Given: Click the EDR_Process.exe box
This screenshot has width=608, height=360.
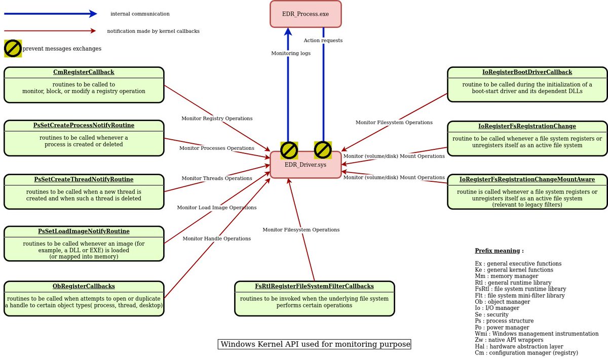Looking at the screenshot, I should (306, 14).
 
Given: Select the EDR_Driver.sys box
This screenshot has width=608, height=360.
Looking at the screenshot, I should (305, 165).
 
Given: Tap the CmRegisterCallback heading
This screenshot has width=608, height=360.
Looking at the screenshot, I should (84, 72).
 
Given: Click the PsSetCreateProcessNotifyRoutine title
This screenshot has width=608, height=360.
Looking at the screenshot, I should (84, 125).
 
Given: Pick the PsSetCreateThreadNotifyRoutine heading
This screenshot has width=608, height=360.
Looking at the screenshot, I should (84, 179).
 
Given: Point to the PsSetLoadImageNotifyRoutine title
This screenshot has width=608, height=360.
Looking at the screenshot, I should (84, 231).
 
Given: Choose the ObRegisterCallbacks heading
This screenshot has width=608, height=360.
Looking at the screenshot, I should (84, 286).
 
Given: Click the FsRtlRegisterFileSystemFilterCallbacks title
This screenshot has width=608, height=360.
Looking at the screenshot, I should (314, 287).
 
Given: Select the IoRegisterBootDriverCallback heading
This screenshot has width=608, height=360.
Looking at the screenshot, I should (527, 72).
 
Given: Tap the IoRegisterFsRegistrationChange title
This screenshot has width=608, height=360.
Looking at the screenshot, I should (527, 126).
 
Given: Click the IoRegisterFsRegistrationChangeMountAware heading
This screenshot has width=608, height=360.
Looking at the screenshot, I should (527, 180).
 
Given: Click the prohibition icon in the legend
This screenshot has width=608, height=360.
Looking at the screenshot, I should (13, 49).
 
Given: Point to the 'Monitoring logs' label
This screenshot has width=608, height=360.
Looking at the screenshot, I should (291, 53).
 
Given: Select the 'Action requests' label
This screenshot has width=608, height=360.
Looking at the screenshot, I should (323, 41).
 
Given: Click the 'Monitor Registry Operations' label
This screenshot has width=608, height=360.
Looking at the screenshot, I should (217, 118).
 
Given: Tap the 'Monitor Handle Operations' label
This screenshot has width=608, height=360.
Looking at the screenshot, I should (216, 238).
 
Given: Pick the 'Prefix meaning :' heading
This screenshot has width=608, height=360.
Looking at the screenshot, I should (499, 251).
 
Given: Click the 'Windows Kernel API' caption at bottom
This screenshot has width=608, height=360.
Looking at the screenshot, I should (314, 344).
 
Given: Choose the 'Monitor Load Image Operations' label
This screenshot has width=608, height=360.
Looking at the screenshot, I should (216, 208).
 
